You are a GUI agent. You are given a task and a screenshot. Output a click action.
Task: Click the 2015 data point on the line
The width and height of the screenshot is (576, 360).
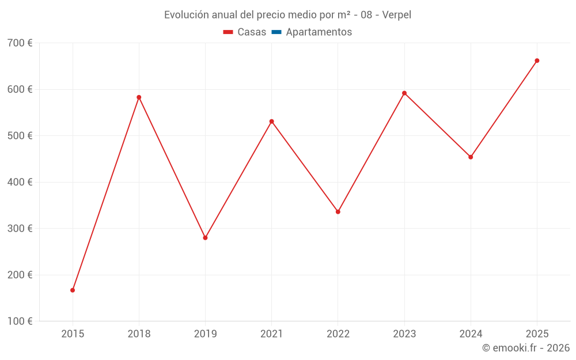pyautogui.click(x=73, y=290)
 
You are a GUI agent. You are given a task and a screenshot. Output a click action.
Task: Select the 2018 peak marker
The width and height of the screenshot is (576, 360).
pyautogui.click(x=139, y=97)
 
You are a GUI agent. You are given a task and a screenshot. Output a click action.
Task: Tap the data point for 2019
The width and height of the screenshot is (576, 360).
pyautogui.click(x=206, y=238)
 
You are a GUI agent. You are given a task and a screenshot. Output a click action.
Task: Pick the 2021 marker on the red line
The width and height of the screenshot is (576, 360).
pyautogui.click(x=272, y=122)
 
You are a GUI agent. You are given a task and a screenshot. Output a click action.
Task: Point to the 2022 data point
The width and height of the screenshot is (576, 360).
pyautogui.click(x=338, y=212)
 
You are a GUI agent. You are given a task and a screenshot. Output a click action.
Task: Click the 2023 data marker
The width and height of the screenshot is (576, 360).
pyautogui.click(x=404, y=93)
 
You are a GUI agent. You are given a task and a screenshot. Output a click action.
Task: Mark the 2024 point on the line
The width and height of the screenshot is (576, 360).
pyautogui.click(x=471, y=157)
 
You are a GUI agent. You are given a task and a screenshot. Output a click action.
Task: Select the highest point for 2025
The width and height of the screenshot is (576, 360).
pyautogui.click(x=537, y=60)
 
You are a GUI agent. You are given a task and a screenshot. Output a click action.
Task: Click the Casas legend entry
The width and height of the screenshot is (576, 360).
pyautogui.click(x=245, y=32)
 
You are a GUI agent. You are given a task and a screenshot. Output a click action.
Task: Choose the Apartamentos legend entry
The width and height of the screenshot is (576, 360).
pyautogui.click(x=312, y=32)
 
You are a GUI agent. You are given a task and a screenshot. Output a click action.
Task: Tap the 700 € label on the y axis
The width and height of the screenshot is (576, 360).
pyautogui.click(x=20, y=43)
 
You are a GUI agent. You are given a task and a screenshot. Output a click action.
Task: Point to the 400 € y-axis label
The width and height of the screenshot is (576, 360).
pyautogui.click(x=20, y=182)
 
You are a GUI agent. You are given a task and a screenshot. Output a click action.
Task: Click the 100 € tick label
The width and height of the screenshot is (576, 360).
pyautogui.click(x=20, y=321)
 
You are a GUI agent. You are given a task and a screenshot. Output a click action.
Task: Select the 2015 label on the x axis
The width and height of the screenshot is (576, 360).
pyautogui.click(x=73, y=334)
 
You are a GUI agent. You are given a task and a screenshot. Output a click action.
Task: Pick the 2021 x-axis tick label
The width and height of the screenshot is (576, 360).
pyautogui.click(x=272, y=334)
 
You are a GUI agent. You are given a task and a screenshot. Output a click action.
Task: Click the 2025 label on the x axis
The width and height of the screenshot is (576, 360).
pyautogui.click(x=537, y=334)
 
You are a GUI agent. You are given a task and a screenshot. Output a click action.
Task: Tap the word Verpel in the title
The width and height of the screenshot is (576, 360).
pyautogui.click(x=397, y=15)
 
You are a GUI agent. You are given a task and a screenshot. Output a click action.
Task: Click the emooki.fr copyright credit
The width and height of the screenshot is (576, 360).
pyautogui.click(x=526, y=348)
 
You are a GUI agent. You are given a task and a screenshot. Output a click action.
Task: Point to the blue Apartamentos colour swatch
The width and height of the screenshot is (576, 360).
pyautogui.click(x=276, y=32)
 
